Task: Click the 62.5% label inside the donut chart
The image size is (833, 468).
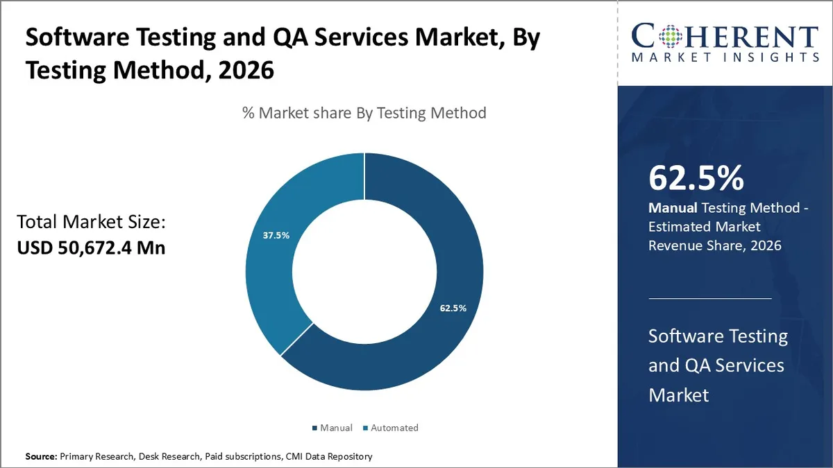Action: click(x=453, y=308)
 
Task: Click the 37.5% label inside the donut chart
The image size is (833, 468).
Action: click(x=276, y=235)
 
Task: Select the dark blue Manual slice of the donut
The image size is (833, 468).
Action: click(x=430, y=347)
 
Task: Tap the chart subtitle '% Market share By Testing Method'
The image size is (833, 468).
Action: click(x=364, y=112)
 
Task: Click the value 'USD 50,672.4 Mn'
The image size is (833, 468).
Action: click(x=91, y=247)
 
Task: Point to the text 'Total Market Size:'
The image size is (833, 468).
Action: click(x=90, y=222)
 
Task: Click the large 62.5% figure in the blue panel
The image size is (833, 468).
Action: click(x=696, y=177)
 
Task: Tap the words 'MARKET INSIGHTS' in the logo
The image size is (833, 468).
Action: click(x=725, y=58)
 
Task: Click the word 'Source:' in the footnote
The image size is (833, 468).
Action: click(x=42, y=456)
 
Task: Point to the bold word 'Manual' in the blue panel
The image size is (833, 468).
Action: click(x=673, y=207)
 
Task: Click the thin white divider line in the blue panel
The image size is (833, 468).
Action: click(x=709, y=298)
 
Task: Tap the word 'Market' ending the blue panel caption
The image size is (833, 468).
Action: click(x=678, y=395)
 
